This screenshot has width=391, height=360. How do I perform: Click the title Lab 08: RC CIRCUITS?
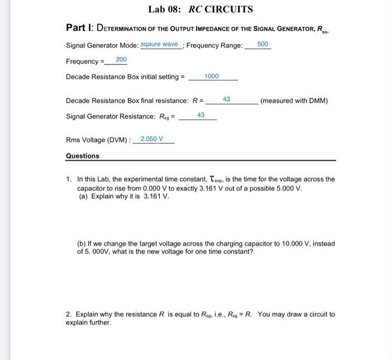click(201, 10)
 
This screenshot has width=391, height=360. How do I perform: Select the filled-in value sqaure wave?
click(159, 44)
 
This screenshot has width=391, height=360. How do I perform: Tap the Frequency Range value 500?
click(263, 44)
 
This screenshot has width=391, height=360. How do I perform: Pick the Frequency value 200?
click(121, 59)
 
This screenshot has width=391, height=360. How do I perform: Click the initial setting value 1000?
click(212, 76)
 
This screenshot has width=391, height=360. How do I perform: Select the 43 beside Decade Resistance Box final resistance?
click(226, 99)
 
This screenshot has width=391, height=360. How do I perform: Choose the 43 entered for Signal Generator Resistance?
click(201, 115)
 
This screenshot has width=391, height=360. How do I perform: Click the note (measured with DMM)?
click(294, 101)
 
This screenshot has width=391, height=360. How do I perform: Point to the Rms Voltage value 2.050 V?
click(152, 139)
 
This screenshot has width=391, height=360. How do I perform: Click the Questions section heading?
click(82, 156)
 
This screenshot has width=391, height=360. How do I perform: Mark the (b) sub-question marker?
click(82, 244)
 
